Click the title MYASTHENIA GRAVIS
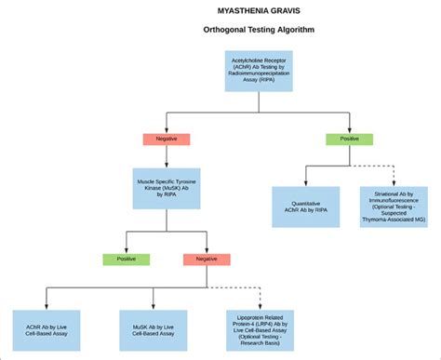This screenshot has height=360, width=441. (x=259, y=11)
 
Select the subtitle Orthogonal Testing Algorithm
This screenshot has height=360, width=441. (x=259, y=31)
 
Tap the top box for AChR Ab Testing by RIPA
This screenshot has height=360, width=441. (x=259, y=71)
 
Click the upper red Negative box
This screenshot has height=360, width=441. (x=167, y=140)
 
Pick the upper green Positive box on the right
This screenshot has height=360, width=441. (x=350, y=140)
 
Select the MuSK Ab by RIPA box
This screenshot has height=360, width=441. (x=167, y=188)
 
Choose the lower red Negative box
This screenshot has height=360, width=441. (x=207, y=259)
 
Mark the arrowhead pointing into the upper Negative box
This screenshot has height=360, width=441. (x=167, y=131)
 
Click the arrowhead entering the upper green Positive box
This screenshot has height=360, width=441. (x=350, y=131)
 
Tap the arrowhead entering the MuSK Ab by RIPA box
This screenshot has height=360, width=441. (x=167, y=166)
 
